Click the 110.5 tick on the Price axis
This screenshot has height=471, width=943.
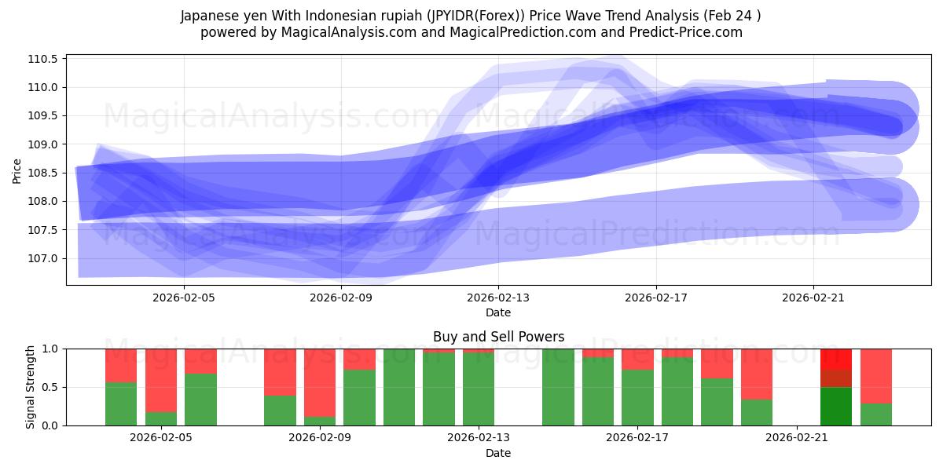point(43,59)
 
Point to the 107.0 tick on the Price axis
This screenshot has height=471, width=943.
point(43,258)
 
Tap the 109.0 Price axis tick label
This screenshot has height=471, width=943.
point(43,144)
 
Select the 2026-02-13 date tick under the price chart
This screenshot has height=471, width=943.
point(498,298)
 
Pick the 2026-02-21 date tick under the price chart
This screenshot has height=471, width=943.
point(813,298)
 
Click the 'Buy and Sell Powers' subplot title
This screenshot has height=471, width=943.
point(498,337)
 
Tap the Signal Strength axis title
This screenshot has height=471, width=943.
point(30,387)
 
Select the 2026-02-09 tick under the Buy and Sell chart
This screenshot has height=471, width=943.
point(321,438)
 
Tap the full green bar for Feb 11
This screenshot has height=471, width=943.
point(399,387)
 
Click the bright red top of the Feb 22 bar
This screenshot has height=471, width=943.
point(836,359)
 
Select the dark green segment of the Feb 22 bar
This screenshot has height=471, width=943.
point(836,406)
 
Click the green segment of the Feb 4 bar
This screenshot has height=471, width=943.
point(121,403)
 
